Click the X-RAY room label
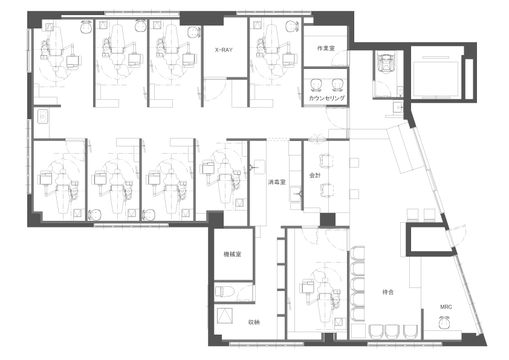[x=224, y=50]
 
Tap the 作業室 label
[x=326, y=48]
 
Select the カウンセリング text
[x=326, y=98]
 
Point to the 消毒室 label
[x=277, y=182]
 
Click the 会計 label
[x=314, y=175]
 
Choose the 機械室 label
[x=232, y=254]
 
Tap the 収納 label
[x=254, y=322]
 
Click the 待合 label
[x=388, y=292]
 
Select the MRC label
[x=446, y=307]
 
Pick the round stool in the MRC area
[x=446, y=322]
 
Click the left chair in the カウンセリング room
[x=315, y=85]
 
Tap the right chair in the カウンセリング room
[x=337, y=85]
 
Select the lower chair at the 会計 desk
[x=326, y=190]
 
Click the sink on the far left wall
[x=43, y=117]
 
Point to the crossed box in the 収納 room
[x=224, y=315]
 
